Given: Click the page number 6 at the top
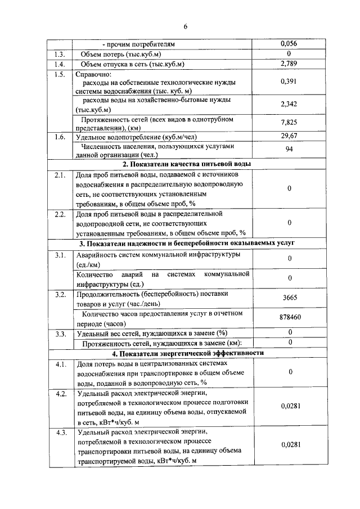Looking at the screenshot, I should click(184, 27).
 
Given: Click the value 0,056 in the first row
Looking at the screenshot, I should click(289, 44).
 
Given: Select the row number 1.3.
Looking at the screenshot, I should click(60, 54).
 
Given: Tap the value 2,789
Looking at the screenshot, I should click(289, 64).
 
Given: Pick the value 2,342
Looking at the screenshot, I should click(289, 104).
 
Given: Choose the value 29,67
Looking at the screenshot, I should click(289, 136).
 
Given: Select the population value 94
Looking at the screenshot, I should click(289, 150).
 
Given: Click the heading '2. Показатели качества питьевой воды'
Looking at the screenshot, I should click(187, 164).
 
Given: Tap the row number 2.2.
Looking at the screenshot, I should click(60, 214).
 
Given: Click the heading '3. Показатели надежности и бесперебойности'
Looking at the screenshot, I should click(187, 244).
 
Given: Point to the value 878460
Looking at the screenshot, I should click(289, 318).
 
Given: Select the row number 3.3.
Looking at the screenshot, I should click(60, 334).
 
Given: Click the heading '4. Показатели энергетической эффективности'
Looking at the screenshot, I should click(187, 353).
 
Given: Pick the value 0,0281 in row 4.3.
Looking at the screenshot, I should click(289, 444).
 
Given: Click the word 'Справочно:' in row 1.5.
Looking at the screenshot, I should click(93, 74).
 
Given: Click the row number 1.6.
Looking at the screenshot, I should click(60, 137).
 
